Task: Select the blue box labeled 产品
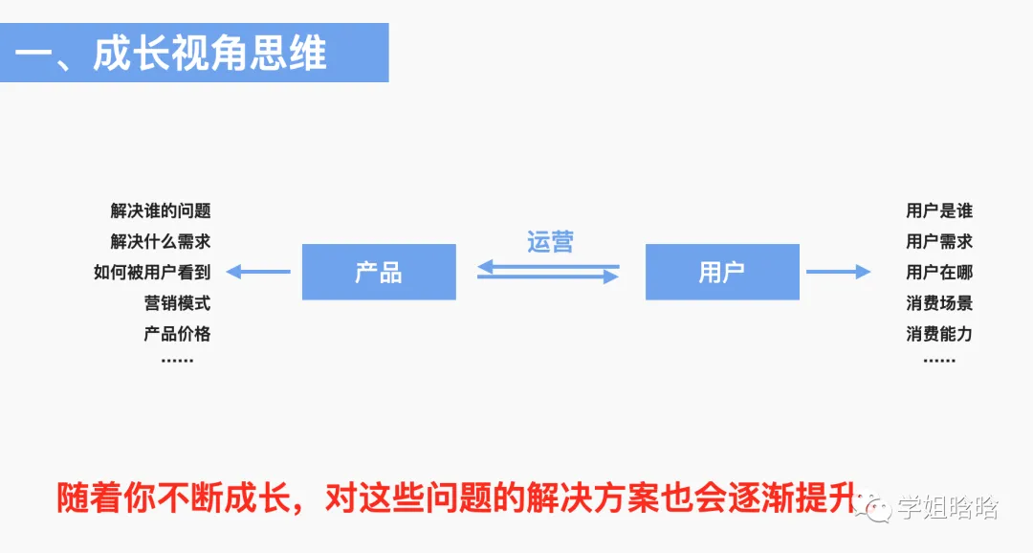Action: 379,273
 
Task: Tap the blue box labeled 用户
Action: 722,273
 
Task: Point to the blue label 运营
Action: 550,241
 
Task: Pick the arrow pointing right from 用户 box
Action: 838,272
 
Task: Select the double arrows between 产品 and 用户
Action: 549,272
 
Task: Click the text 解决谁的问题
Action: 161,210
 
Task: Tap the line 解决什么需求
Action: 161,241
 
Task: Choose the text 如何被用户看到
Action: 152,272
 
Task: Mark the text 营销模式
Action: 177,303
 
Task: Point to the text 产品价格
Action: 177,334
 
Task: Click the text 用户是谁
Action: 939,210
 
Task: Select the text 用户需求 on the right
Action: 939,241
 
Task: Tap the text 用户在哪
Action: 939,272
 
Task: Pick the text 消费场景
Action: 939,303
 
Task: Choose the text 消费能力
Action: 939,334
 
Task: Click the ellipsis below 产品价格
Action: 177,361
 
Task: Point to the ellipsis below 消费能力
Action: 939,361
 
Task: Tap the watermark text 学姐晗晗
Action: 947,508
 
